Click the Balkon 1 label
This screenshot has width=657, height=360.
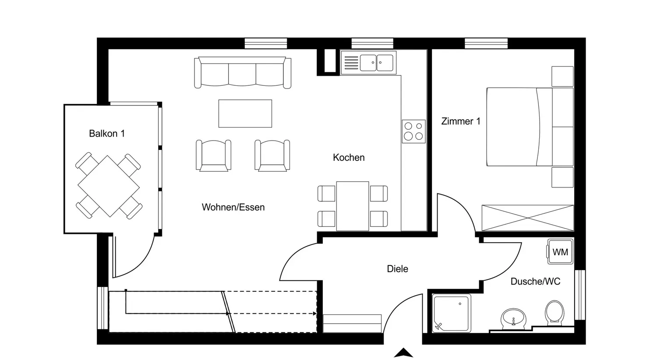(x=107, y=134)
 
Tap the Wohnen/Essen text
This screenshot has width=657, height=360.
(x=233, y=207)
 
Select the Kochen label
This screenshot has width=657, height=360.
(x=349, y=158)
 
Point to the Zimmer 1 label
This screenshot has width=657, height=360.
(x=461, y=121)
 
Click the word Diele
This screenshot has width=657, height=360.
(x=397, y=269)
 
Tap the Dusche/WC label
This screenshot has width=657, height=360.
(x=535, y=281)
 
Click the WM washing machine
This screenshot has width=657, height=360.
(x=560, y=252)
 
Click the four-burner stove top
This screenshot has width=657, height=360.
(x=413, y=131)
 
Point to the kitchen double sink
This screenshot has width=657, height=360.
(x=377, y=63)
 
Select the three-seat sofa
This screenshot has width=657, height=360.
(x=243, y=73)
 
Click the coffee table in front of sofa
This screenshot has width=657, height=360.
(x=245, y=113)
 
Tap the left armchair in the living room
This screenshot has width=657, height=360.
(x=213, y=155)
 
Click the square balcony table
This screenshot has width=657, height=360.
(x=109, y=187)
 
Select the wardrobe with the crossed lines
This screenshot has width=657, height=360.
(x=527, y=218)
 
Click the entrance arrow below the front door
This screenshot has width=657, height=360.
(x=403, y=353)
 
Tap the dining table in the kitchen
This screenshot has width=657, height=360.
(x=353, y=206)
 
